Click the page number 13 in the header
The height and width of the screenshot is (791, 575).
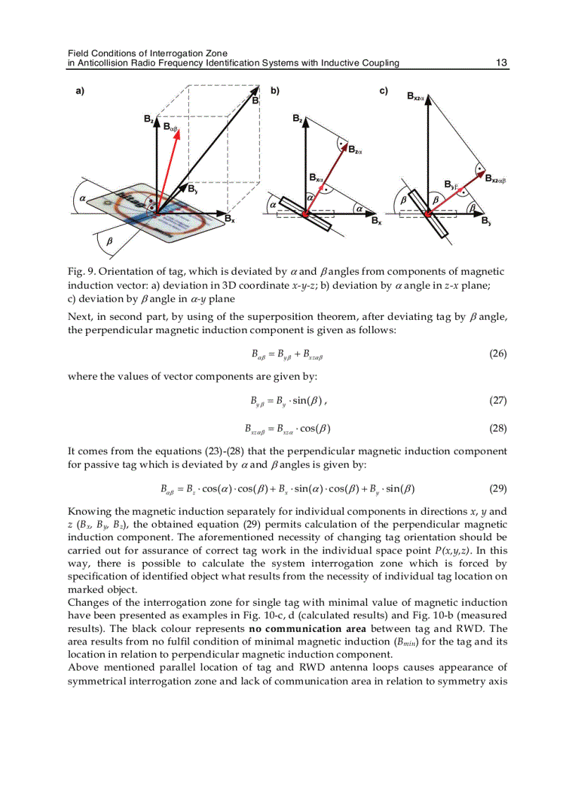pyautogui.click(x=501, y=63)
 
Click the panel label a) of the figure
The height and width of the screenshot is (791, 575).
pyautogui.click(x=80, y=91)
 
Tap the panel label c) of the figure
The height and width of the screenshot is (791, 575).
pyautogui.click(x=384, y=91)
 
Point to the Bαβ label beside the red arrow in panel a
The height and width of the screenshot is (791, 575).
pyautogui.click(x=171, y=127)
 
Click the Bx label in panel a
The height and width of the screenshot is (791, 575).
pyautogui.click(x=229, y=219)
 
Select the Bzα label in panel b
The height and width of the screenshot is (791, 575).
pyautogui.click(x=355, y=149)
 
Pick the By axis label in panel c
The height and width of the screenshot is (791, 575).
pyautogui.click(x=486, y=220)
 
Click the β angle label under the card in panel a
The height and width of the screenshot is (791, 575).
pyautogui.click(x=109, y=241)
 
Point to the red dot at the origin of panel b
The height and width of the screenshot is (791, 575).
pyautogui.click(x=305, y=213)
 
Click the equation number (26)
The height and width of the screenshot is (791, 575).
pyautogui.click(x=497, y=354)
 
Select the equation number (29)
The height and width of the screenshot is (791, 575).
pyautogui.click(x=497, y=488)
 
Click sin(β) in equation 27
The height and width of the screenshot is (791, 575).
pyautogui.click(x=304, y=401)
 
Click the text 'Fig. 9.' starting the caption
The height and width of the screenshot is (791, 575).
pyautogui.click(x=82, y=272)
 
